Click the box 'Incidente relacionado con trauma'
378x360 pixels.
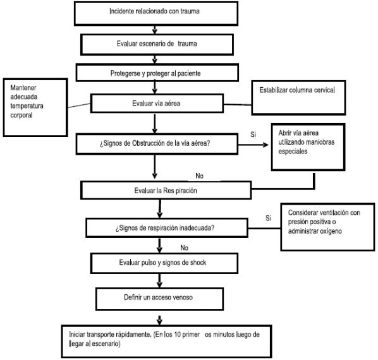point(156,13)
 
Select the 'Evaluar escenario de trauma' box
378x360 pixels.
point(157,45)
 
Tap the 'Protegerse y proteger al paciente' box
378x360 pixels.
point(157,73)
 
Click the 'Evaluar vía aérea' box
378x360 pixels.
point(157,104)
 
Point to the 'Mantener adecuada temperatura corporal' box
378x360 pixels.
point(35,107)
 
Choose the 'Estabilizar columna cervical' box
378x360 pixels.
point(298,98)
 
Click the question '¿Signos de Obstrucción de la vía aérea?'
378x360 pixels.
point(157,144)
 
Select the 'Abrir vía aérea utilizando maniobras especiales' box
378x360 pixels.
point(308,147)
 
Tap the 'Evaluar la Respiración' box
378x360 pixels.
point(166,190)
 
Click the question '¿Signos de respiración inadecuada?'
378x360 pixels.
point(167,228)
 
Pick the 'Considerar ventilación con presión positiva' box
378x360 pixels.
point(327,227)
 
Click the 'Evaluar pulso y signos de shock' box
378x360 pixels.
point(164,263)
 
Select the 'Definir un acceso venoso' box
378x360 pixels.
point(159,299)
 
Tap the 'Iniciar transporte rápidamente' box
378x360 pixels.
point(167,341)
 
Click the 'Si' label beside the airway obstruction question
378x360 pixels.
point(253,135)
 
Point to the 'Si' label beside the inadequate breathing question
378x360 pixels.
point(268,218)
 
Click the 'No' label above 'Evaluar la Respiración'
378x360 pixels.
point(199,176)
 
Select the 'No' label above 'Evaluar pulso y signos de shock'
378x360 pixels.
point(184,248)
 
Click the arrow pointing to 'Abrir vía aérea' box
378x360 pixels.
point(253,145)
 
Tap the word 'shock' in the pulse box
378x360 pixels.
point(198,262)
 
